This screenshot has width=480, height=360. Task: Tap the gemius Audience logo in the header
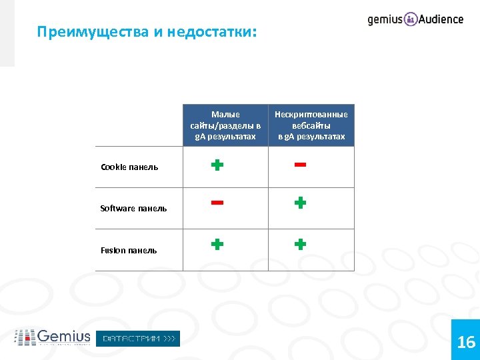click(x=415, y=19)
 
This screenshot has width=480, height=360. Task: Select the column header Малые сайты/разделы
click(x=225, y=125)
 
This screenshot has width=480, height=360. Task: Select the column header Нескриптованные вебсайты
click(x=311, y=125)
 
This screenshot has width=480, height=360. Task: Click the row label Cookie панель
click(x=129, y=167)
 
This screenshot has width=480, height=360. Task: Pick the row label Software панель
click(x=133, y=209)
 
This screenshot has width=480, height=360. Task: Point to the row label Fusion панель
click(x=129, y=251)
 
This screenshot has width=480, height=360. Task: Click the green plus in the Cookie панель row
click(x=217, y=164)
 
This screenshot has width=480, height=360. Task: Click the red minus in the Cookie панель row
click(x=300, y=164)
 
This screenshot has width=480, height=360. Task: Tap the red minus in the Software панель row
click(x=217, y=203)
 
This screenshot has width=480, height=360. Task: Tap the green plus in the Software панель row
click(x=301, y=203)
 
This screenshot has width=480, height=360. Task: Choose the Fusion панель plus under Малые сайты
click(x=217, y=244)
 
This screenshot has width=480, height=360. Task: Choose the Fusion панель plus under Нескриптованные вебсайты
click(x=301, y=244)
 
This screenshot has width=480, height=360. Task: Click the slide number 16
click(x=466, y=343)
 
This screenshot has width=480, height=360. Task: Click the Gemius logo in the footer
click(x=53, y=337)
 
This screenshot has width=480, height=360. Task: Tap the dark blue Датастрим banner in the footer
click(x=138, y=339)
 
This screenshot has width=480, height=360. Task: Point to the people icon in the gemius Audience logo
click(x=411, y=19)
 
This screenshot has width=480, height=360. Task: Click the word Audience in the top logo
click(x=441, y=19)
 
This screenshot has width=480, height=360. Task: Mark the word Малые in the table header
click(x=225, y=115)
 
